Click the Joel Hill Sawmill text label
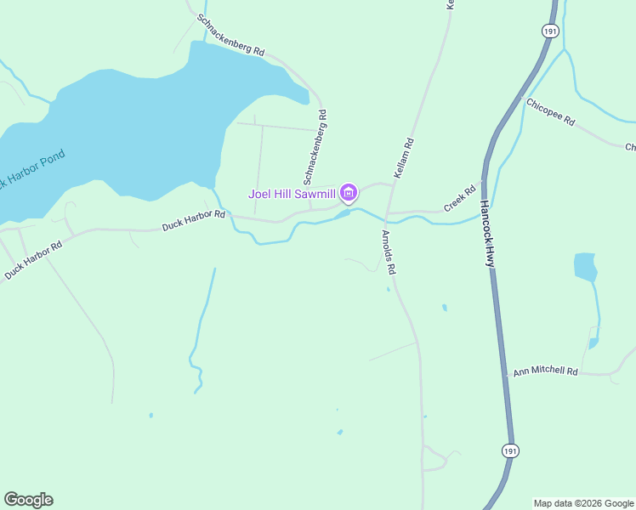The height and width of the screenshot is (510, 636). (x=292, y=194)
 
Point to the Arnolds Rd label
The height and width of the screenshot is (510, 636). (x=389, y=252)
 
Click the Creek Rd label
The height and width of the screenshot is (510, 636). (x=460, y=200)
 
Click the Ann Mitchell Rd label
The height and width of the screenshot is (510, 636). (x=545, y=372)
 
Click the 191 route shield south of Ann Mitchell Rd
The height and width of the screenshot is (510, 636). (x=508, y=450)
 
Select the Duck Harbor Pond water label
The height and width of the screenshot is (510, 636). (x=32, y=170)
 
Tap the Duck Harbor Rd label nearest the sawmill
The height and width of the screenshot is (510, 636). (x=194, y=220)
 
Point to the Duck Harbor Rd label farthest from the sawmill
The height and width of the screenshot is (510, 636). (x=33, y=260)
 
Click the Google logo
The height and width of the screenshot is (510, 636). (x=28, y=500)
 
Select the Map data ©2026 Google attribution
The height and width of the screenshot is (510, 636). (x=584, y=503)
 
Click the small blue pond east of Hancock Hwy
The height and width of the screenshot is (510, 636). (x=585, y=267)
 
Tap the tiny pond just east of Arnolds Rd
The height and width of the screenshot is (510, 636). (x=445, y=308)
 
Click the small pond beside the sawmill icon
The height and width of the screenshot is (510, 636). (x=342, y=214)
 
